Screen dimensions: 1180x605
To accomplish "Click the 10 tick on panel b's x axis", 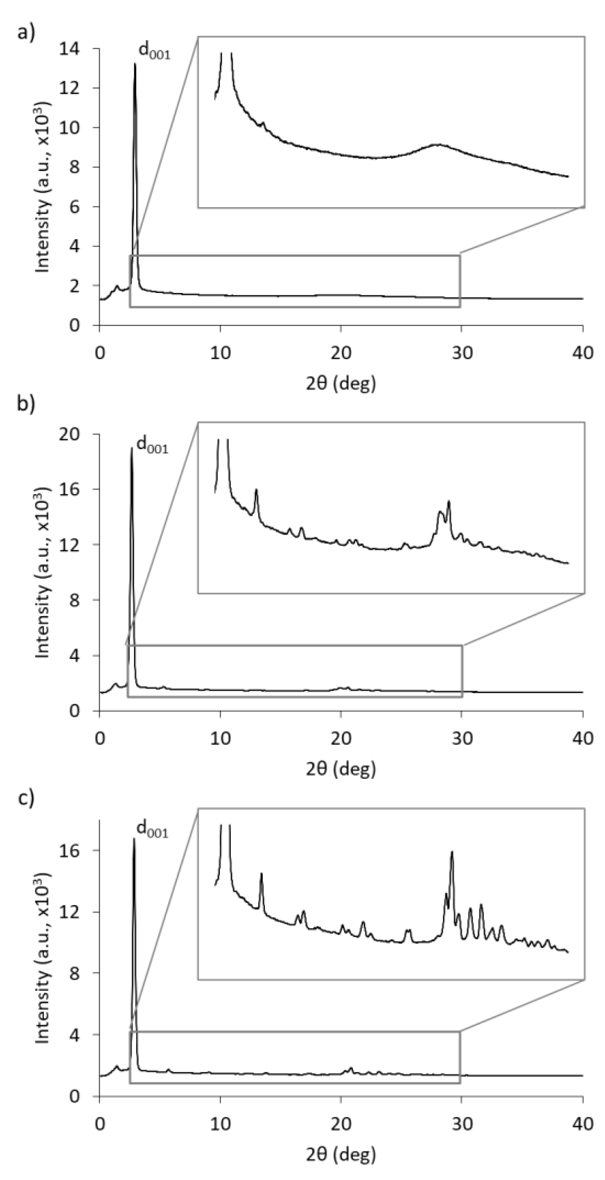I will [220, 739].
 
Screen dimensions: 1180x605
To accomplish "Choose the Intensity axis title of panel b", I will [43, 573].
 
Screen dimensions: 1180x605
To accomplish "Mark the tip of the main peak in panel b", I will [132, 448].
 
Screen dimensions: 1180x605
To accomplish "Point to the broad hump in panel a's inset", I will [439, 145].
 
